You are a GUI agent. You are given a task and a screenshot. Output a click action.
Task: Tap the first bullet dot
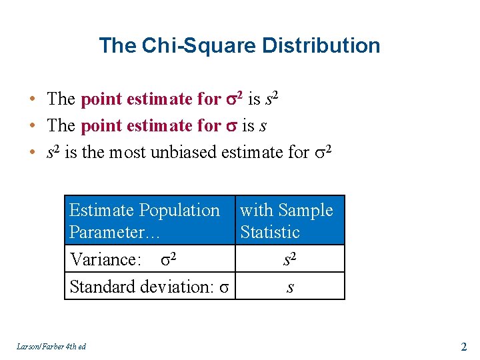click(x=32, y=99)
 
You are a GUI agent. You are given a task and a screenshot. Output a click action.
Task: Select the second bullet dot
click(x=32, y=126)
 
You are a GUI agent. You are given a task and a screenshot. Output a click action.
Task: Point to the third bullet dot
click(x=32, y=153)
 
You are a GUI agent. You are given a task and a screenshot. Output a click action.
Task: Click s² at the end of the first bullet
click(x=271, y=99)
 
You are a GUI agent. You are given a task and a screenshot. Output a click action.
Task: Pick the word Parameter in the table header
click(x=107, y=232)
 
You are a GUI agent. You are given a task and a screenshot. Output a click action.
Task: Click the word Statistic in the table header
click(x=270, y=232)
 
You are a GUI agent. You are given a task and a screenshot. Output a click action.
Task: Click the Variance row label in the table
click(x=105, y=259)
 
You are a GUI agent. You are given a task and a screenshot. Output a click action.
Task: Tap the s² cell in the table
click(x=289, y=259)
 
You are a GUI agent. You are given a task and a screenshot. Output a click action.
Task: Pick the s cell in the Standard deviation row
click(x=289, y=287)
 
